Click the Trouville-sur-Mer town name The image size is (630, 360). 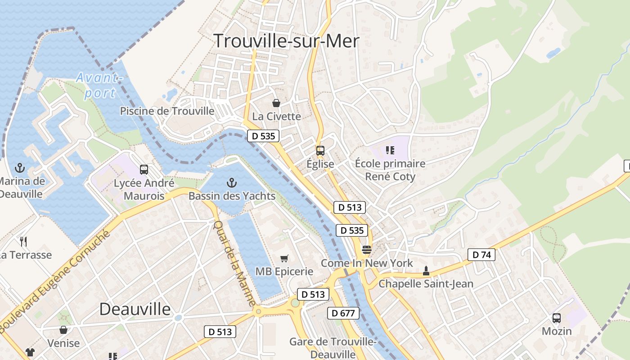click(x=286, y=41)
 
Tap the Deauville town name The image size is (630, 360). click(x=135, y=309)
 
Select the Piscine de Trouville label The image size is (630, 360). click(x=167, y=111)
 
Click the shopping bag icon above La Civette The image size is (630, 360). click(x=276, y=103)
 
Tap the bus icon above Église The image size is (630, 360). click(x=320, y=151)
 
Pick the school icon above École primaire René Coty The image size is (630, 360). click(x=390, y=150)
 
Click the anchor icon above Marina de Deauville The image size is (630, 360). click(x=19, y=168)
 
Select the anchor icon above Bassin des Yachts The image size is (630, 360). click(x=231, y=183)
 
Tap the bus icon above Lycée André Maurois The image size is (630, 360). click(x=144, y=170)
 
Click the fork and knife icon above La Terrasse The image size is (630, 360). click(x=23, y=242)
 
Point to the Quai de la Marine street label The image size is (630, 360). click(x=234, y=263)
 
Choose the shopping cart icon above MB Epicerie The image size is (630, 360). click(x=284, y=258)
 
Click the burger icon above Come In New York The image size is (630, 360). click(x=367, y=250)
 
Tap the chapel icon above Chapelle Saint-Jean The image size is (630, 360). click(x=426, y=271)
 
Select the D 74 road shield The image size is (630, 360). click(x=481, y=255)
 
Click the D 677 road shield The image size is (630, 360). click(x=344, y=313)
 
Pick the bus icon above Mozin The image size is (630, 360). click(x=557, y=318)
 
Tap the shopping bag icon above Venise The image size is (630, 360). click(x=63, y=330)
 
